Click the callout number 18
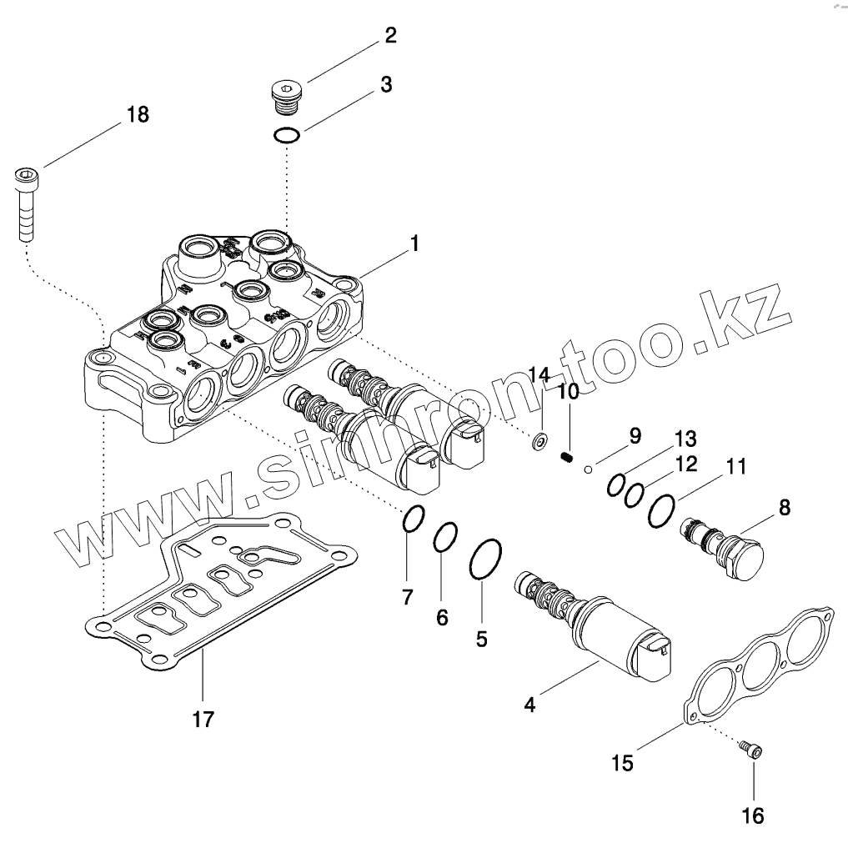coord(138,114)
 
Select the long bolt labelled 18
coord(26,203)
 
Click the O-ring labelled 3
coord(287,136)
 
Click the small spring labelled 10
coord(567,458)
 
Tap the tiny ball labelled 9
coord(588,469)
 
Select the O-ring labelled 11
coord(661,509)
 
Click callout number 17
coord(203,718)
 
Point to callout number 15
coord(622,762)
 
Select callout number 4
coord(529,705)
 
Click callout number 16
coord(752,815)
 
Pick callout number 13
coord(685,439)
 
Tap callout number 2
coord(390,36)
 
